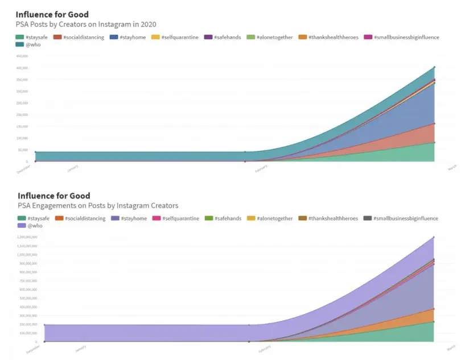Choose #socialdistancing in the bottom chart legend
coord(85,218)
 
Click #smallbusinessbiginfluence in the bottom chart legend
coord(404,218)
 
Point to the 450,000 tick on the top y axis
coord(23,56)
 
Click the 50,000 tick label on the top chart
coord(23,150)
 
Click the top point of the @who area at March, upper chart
coord(434,67)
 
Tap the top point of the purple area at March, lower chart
coord(434,237)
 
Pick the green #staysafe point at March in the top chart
coord(434,142)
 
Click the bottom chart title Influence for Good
coord(53,195)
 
